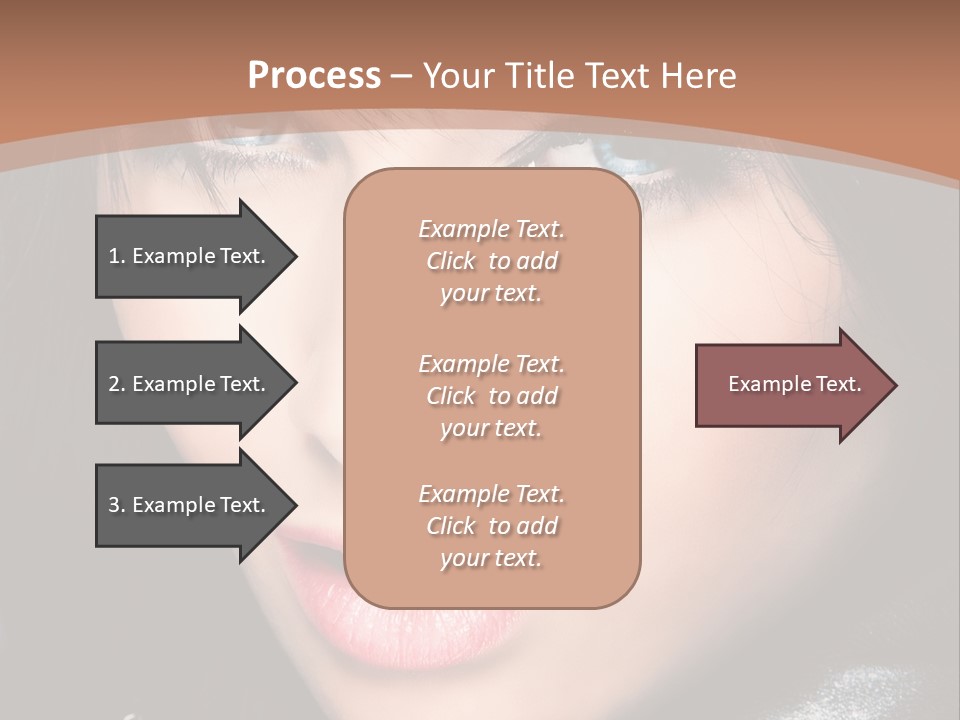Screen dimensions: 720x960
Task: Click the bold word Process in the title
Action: (314, 76)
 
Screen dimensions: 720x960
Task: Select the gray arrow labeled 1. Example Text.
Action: (190, 256)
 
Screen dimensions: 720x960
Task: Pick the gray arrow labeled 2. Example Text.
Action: (190, 384)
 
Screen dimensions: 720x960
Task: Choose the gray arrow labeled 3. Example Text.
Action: (190, 505)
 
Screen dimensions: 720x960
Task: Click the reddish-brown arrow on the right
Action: (790, 385)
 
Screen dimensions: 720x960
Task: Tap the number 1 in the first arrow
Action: (114, 256)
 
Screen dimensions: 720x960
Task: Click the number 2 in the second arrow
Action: (114, 384)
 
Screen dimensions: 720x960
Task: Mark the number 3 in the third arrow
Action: (114, 505)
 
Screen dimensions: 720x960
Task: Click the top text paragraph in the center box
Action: (491, 261)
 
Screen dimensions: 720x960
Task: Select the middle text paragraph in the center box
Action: (491, 396)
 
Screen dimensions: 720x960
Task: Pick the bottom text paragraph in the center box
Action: (491, 526)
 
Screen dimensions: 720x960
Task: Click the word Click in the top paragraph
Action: (451, 261)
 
